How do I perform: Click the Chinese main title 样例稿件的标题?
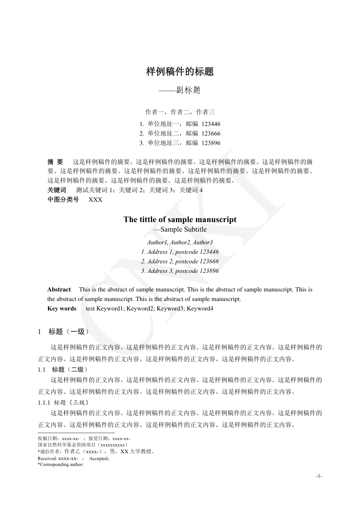(180, 72)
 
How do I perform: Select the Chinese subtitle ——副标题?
(180, 90)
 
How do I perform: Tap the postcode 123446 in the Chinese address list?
(211, 124)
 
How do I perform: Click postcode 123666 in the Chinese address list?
(211, 133)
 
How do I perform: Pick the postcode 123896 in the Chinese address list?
(211, 143)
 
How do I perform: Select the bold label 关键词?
(57, 190)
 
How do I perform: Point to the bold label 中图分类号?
(63, 199)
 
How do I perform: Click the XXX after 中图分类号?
(95, 199)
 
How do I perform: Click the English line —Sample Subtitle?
(180, 229)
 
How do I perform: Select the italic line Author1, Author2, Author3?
(180, 242)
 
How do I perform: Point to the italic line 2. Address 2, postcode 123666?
(180, 262)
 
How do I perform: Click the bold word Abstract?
(59, 290)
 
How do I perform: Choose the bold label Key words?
(62, 309)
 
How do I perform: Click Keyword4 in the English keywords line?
(200, 309)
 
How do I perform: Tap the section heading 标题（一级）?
(69, 332)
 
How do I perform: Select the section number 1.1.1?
(44, 402)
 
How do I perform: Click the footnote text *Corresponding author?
(61, 465)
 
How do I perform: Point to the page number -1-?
(319, 476)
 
